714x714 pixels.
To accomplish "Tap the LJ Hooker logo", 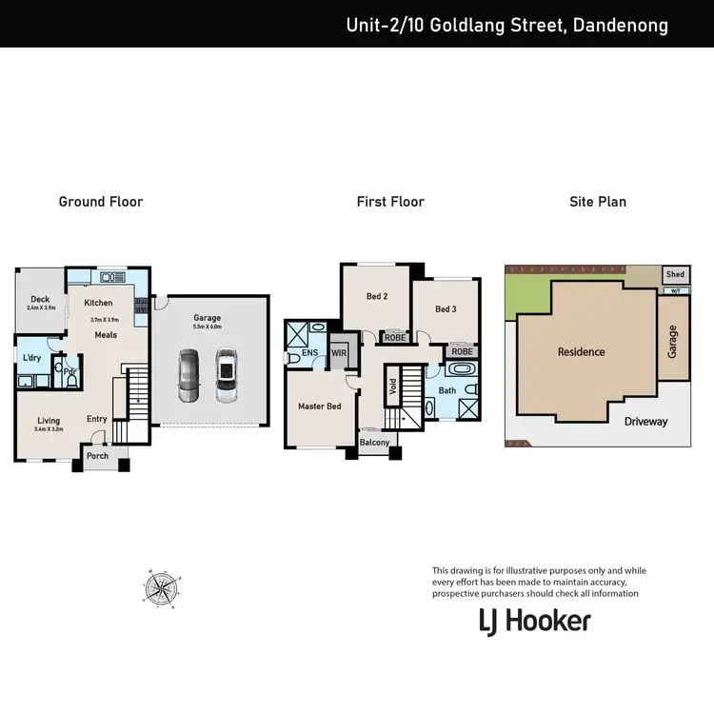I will [x=534, y=622].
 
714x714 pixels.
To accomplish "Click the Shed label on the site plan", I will [x=675, y=274].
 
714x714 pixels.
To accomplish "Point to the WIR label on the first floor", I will [x=339, y=353].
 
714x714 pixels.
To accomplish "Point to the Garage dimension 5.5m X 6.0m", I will [x=207, y=327].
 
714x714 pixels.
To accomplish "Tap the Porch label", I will [x=97, y=456].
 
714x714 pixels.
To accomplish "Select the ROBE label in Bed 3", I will [x=462, y=351].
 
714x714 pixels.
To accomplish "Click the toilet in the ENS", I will [x=291, y=358].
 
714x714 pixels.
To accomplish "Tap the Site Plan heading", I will [x=597, y=202].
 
